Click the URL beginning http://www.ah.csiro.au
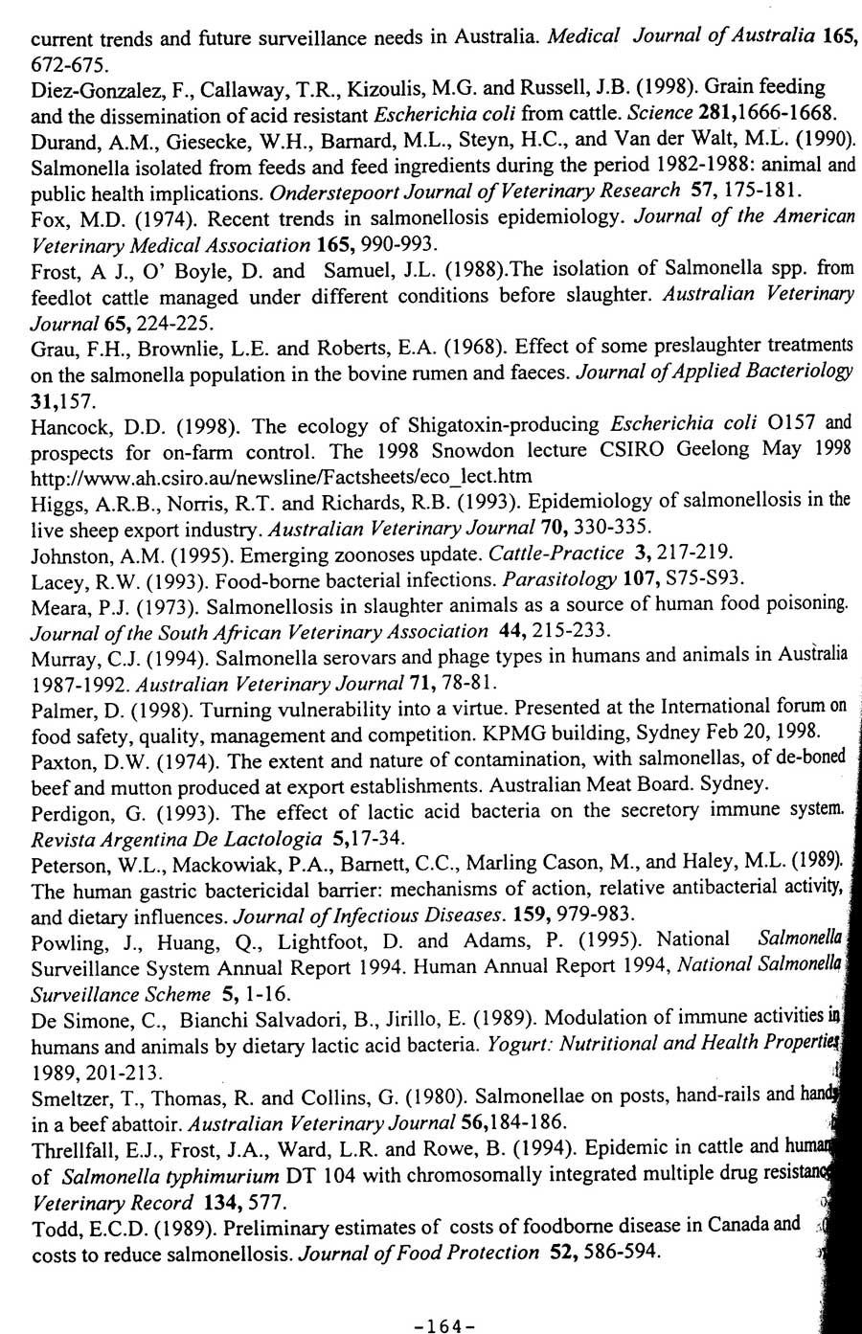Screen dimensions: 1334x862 [281, 476]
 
